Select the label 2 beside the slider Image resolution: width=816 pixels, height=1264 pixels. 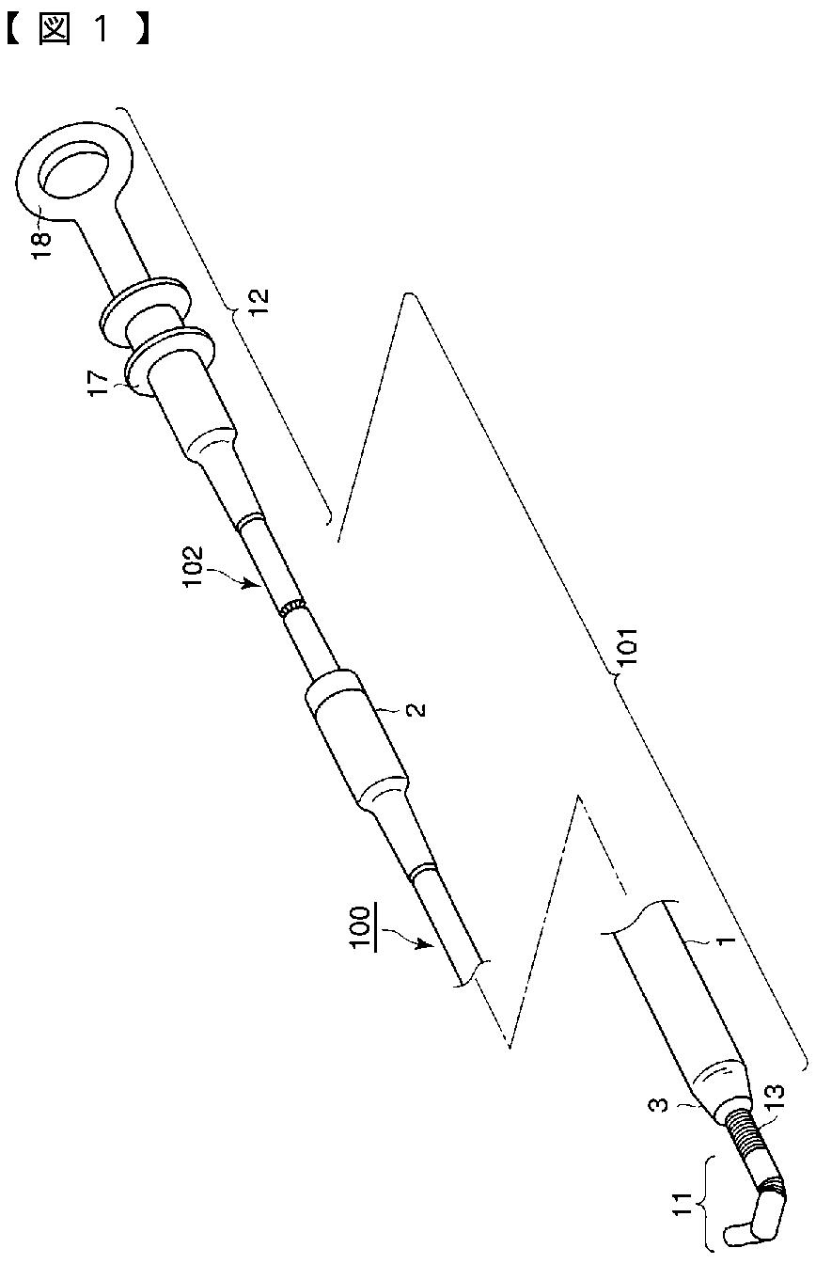tap(417, 708)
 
